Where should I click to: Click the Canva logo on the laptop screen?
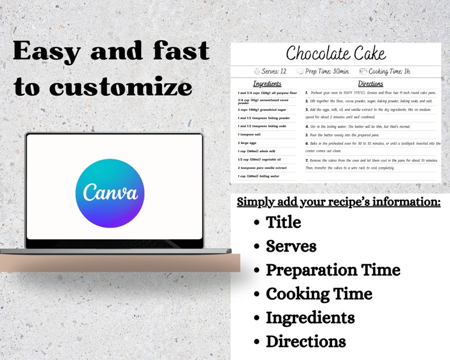point(110,193)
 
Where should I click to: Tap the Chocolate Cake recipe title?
point(336,54)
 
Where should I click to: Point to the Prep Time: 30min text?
point(327,71)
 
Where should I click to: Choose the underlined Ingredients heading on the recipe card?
point(267,84)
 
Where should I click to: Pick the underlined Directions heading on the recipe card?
point(371,84)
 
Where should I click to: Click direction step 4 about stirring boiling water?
point(357,126)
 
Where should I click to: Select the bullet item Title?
point(283,222)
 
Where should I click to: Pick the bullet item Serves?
point(291,246)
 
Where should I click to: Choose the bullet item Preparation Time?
point(333,270)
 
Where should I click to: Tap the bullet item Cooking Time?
point(319,294)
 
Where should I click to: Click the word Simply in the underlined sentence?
point(255,202)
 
